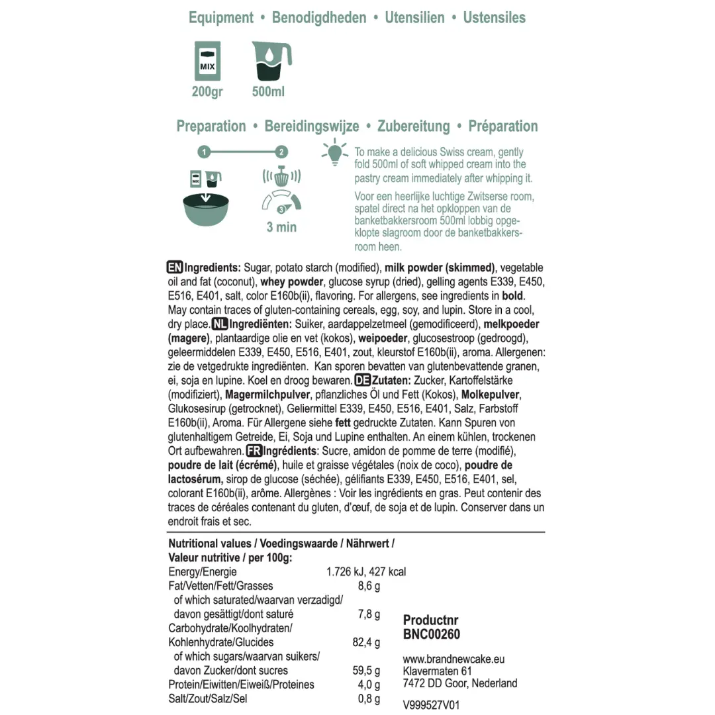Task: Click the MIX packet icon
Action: coord(208,61)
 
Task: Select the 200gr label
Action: coord(207,92)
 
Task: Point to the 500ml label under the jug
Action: coord(268,92)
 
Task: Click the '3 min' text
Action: coord(281,227)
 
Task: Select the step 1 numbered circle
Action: coord(205,152)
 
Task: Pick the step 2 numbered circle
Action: coord(282,152)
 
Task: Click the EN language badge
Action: coord(175,268)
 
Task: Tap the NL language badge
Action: coord(220,324)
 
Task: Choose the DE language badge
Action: coord(363,381)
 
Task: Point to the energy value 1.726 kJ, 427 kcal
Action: coord(366,572)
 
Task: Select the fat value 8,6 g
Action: coord(369,586)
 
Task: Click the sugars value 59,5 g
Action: coord(367,671)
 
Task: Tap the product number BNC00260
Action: coord(432,634)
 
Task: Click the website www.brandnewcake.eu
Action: coord(453,659)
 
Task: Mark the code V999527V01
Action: coord(431,706)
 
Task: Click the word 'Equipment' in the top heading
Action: coord(221,18)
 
